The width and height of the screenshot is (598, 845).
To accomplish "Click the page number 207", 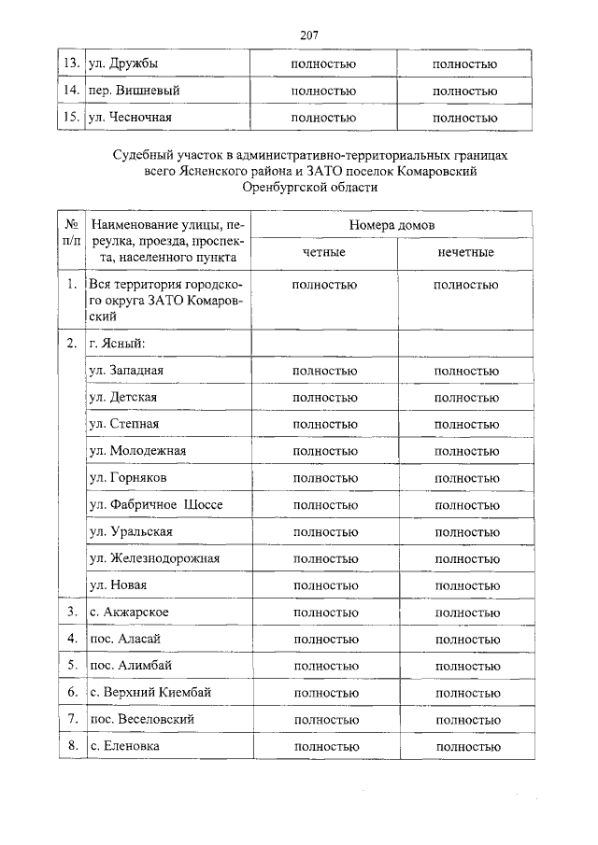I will click(x=310, y=35).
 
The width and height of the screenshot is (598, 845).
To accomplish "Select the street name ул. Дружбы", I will click(x=122, y=63).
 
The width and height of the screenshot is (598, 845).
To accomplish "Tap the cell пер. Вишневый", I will click(x=134, y=91).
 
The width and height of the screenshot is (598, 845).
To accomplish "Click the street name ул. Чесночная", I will click(x=130, y=118).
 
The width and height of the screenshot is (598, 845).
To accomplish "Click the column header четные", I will click(x=324, y=252).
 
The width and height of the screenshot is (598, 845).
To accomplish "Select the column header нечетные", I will click(x=465, y=252).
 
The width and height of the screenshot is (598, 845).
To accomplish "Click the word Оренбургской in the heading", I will click(x=280, y=187).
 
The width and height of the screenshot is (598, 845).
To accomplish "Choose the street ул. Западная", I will click(x=126, y=370).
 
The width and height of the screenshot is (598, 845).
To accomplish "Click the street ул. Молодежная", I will click(x=137, y=450).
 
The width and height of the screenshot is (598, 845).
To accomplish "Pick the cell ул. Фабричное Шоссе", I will click(x=155, y=504).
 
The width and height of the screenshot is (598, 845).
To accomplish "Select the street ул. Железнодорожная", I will click(x=154, y=558).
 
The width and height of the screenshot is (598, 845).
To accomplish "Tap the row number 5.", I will click(x=71, y=666).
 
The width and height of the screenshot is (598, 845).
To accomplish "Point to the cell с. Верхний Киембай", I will click(x=150, y=693).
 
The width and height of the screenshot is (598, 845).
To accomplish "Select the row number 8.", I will click(x=71, y=747).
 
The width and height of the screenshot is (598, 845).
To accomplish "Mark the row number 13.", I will click(x=70, y=63).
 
